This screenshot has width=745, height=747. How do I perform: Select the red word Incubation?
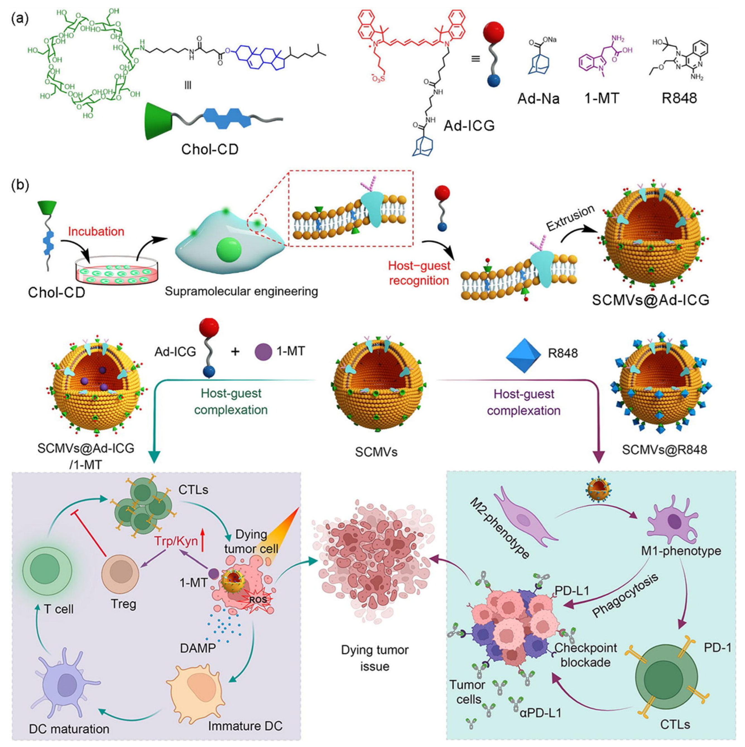click(96, 232)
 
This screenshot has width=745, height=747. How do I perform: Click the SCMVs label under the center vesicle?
click(376, 452)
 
